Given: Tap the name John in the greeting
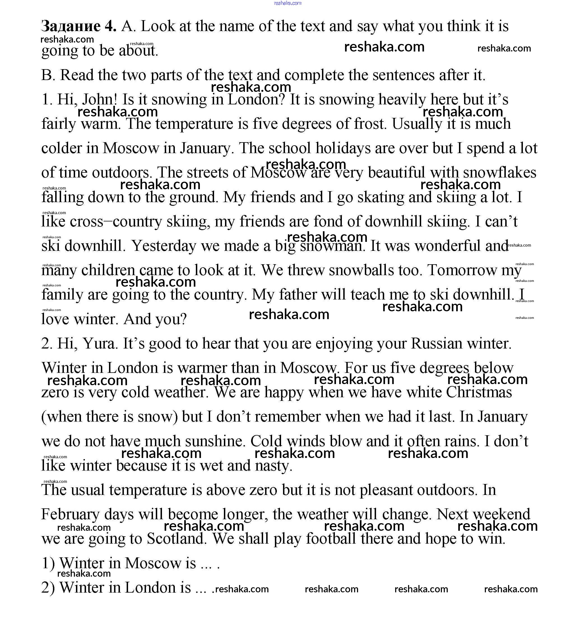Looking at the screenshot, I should tap(99, 99).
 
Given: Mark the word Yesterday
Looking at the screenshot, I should tap(164, 246).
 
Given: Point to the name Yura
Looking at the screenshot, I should tap(100, 343).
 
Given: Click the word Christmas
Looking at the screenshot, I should tap(479, 392).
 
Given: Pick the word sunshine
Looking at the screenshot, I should tap(215, 441).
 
